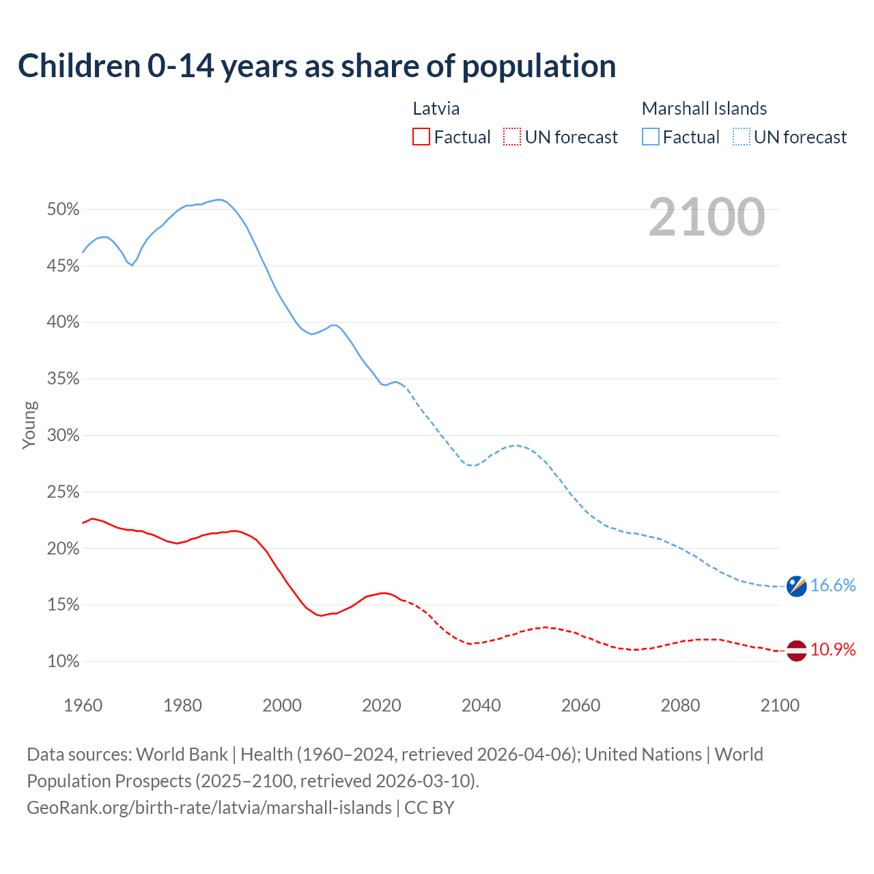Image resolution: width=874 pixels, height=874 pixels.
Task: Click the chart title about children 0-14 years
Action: [x=317, y=66]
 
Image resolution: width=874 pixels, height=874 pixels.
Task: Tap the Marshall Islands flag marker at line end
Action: [x=796, y=586]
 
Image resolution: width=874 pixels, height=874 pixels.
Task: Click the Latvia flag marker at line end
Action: [x=796, y=650]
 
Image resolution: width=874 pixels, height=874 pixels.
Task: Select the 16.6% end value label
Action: [x=833, y=586]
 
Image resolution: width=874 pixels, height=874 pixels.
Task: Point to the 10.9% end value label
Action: [x=833, y=650]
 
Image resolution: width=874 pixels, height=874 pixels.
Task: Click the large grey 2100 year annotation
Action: [x=707, y=217]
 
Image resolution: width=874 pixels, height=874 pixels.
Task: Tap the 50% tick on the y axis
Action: [x=64, y=210]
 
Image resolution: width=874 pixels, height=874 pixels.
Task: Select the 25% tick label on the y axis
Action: [x=64, y=492]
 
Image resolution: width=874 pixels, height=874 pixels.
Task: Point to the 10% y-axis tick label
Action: [x=64, y=662]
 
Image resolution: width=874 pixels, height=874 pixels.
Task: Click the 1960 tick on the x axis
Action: [x=83, y=705]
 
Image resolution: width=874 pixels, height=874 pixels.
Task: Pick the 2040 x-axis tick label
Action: [x=481, y=705]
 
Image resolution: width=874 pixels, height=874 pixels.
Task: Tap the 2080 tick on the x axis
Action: [x=680, y=705]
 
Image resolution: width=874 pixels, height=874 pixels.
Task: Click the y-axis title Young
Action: [x=29, y=425]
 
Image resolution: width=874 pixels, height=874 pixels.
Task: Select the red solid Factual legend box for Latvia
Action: [x=421, y=137]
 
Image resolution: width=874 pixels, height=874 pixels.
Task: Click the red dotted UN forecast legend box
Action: [x=512, y=137]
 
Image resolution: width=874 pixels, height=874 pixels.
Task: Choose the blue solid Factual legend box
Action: [x=651, y=137]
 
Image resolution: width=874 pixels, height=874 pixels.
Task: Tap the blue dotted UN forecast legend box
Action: [x=741, y=137]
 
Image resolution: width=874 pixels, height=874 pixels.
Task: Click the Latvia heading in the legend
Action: [x=436, y=109]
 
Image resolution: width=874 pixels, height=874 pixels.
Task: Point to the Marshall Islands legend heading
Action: [x=704, y=109]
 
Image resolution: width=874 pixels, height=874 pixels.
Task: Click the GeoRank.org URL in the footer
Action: [x=209, y=808]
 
